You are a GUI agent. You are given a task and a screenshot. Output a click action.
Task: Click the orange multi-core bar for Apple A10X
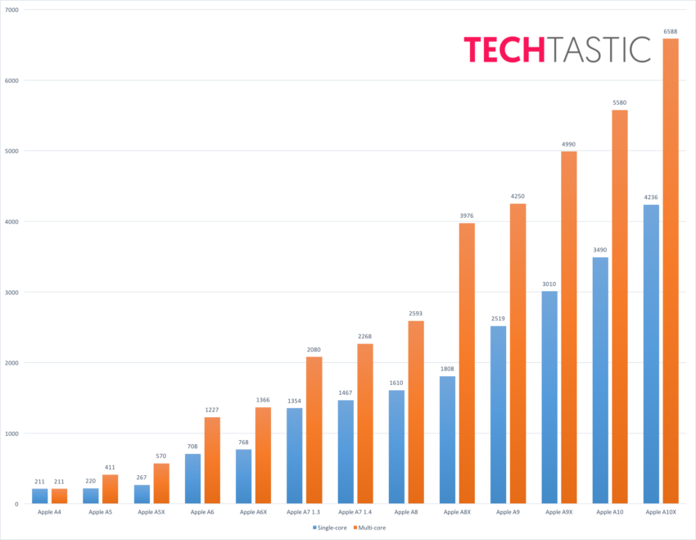[x=670, y=270]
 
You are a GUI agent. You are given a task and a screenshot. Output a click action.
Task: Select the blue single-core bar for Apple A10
[x=600, y=380]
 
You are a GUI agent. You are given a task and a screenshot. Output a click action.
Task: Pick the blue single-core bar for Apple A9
[x=498, y=415]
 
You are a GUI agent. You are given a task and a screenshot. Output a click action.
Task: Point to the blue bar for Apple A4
[x=39, y=496]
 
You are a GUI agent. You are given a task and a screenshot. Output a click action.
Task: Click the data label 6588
[x=670, y=31]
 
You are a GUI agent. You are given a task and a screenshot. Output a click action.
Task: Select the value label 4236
[x=651, y=197]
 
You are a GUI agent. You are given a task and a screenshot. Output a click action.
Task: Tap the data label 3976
[x=466, y=216]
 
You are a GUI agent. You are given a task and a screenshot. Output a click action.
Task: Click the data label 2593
[x=415, y=313]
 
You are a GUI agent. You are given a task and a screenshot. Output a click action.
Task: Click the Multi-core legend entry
[x=369, y=528]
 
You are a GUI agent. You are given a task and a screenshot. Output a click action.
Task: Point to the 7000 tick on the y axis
[x=13, y=10]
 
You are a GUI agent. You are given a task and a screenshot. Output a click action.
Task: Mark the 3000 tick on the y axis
[x=13, y=292]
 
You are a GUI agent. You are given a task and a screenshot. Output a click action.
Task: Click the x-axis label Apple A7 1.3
[x=304, y=512]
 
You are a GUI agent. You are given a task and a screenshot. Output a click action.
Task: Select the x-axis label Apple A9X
[x=559, y=512]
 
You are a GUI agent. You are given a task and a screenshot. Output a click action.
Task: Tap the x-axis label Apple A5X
[x=151, y=512]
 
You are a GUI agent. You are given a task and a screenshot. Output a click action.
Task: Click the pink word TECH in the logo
[x=503, y=49]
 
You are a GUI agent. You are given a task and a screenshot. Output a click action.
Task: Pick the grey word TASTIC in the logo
[x=599, y=49]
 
